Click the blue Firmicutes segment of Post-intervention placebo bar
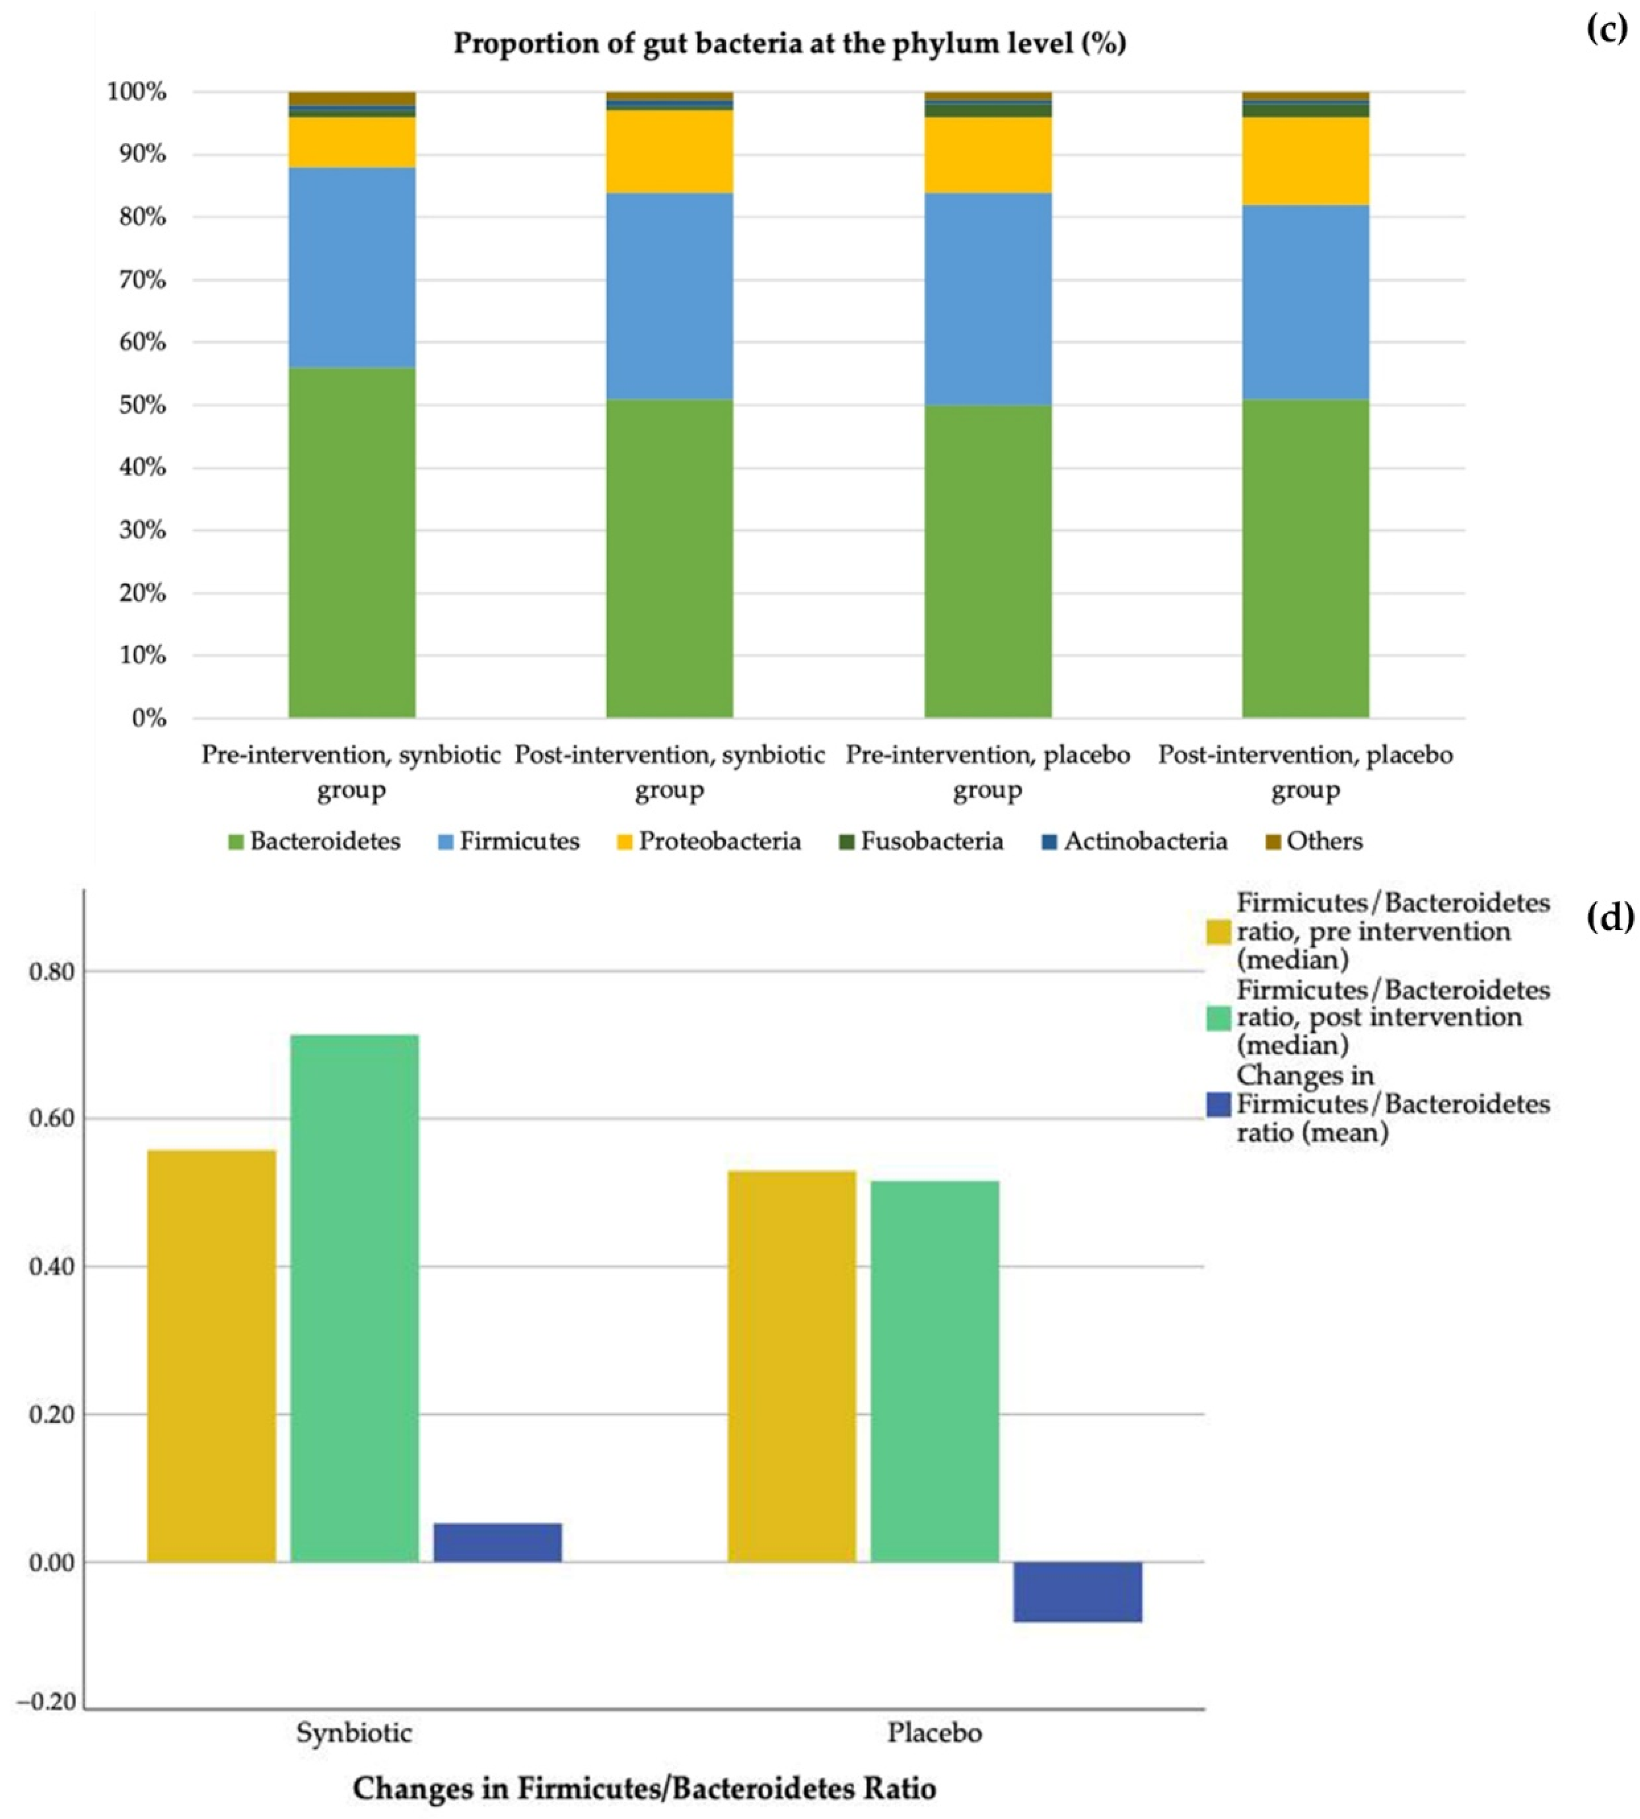click(1306, 302)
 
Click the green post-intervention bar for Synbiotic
click(354, 1297)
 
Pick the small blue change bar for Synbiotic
click(497, 1543)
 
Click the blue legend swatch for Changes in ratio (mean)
click(1218, 1105)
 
